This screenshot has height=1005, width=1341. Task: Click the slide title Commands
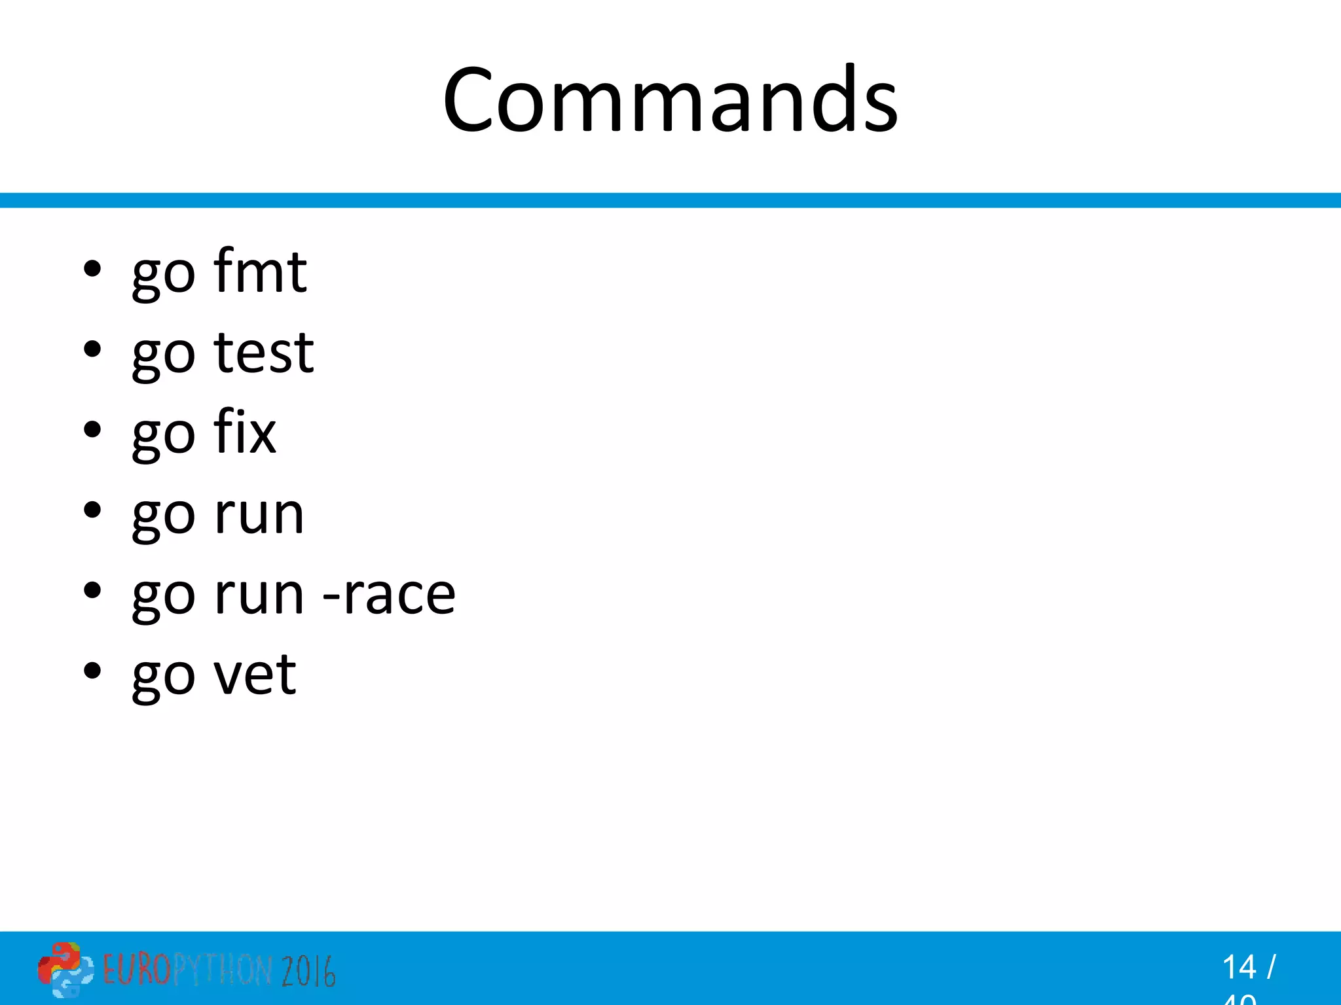pos(670,99)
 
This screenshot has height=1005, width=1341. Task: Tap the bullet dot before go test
pos(92,349)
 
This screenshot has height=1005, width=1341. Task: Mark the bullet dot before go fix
pos(92,430)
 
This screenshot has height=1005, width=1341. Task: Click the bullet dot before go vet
pos(92,671)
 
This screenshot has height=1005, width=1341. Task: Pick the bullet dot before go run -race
pos(92,591)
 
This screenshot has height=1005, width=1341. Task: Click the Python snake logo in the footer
pos(64,969)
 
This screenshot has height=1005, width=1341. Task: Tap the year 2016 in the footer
pos(308,970)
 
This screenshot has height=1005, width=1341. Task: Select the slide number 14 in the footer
pos(1239,967)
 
